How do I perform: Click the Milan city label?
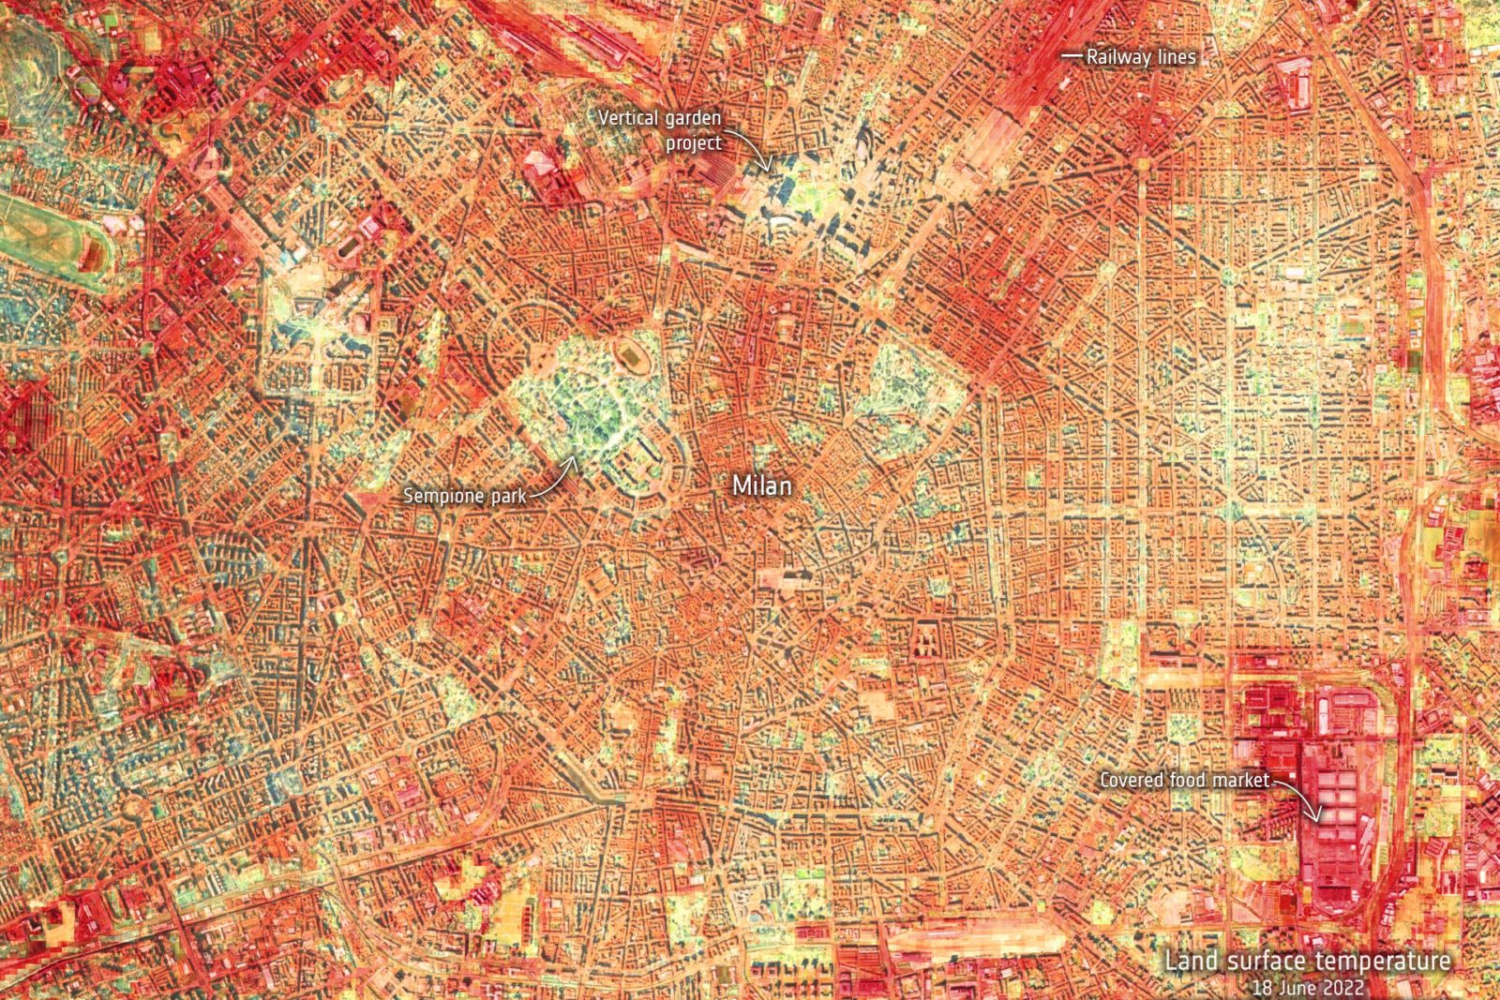(761, 485)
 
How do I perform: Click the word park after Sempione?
(506, 496)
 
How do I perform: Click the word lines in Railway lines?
(1177, 57)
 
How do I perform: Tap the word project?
(694, 143)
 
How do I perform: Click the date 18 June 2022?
(1308, 988)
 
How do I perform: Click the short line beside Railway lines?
(1071, 56)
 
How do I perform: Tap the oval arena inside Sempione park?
(627, 354)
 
